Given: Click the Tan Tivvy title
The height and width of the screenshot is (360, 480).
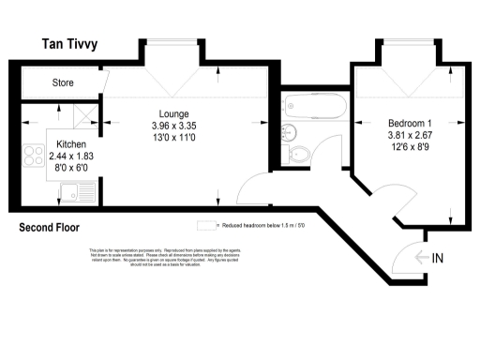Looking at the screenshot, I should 78,45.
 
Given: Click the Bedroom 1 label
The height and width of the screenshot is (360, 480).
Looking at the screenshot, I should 411,122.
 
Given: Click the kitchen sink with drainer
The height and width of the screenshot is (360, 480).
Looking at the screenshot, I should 74,193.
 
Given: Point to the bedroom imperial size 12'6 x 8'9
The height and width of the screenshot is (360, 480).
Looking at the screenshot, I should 411,145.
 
